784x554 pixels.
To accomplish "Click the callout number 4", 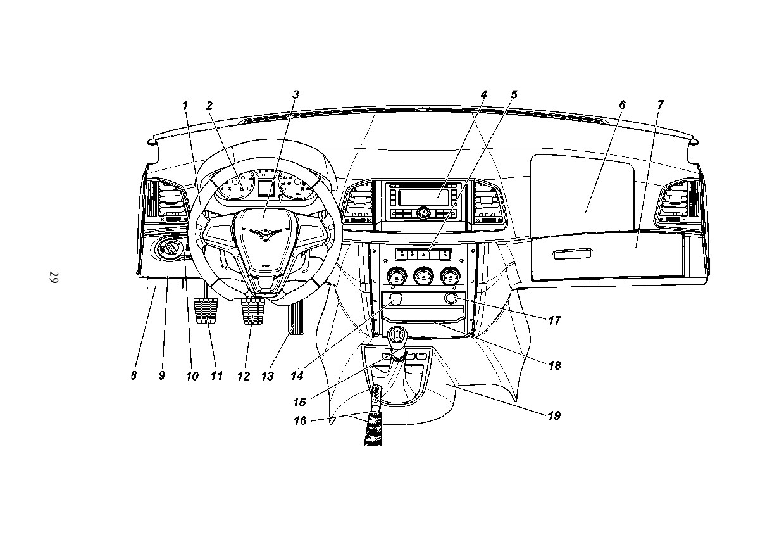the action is click(483, 94).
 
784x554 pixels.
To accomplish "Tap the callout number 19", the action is click(554, 416).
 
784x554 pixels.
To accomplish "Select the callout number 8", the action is click(134, 375).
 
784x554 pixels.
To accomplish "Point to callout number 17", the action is click(554, 320).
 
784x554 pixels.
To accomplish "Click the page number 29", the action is click(54, 277).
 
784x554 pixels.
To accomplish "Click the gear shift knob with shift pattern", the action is click(397, 334).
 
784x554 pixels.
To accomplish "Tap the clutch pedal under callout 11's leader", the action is click(206, 311).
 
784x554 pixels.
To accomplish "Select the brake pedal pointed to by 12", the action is click(252, 311).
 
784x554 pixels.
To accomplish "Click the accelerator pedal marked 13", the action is click(296, 318).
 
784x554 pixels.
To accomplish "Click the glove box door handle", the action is click(572, 253).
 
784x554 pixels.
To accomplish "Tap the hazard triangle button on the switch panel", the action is click(423, 254).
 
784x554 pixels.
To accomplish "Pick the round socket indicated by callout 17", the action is click(451, 298).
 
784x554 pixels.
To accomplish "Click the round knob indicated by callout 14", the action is click(396, 299).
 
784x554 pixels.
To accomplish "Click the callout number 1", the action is click(185, 105).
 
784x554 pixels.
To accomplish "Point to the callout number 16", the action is click(300, 420).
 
